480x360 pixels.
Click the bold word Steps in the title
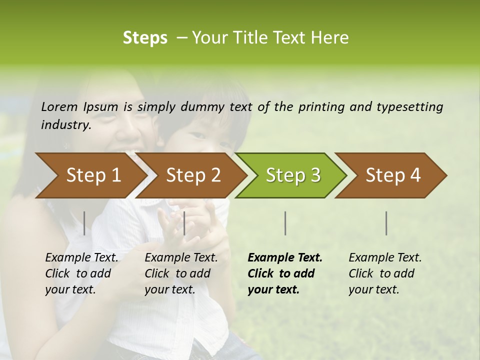(x=145, y=38)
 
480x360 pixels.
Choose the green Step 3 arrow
(x=293, y=175)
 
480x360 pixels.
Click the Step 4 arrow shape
(x=393, y=175)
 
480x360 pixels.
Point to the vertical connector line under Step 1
(x=84, y=223)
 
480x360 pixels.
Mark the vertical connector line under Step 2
(x=184, y=223)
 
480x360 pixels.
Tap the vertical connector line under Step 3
(x=285, y=223)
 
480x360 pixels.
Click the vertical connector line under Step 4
(x=386, y=223)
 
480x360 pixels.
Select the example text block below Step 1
(x=81, y=273)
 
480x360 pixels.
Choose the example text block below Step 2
(x=181, y=273)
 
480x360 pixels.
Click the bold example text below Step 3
(x=285, y=273)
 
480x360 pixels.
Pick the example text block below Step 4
(x=385, y=273)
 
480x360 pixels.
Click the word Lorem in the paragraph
(x=59, y=107)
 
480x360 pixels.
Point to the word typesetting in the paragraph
(x=409, y=107)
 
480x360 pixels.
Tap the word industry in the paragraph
(x=66, y=125)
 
